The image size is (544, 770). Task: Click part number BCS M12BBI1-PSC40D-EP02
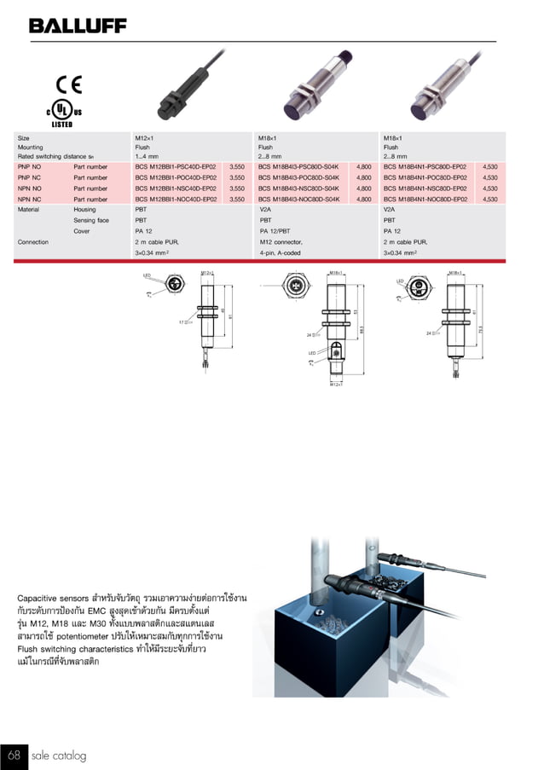(x=176, y=168)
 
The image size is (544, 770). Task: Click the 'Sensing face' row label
(x=91, y=220)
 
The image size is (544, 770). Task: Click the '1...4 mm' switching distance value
(x=148, y=157)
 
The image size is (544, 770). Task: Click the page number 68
(x=14, y=755)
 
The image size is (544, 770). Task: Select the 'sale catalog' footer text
(x=59, y=756)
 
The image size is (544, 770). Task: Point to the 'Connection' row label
(x=33, y=242)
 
